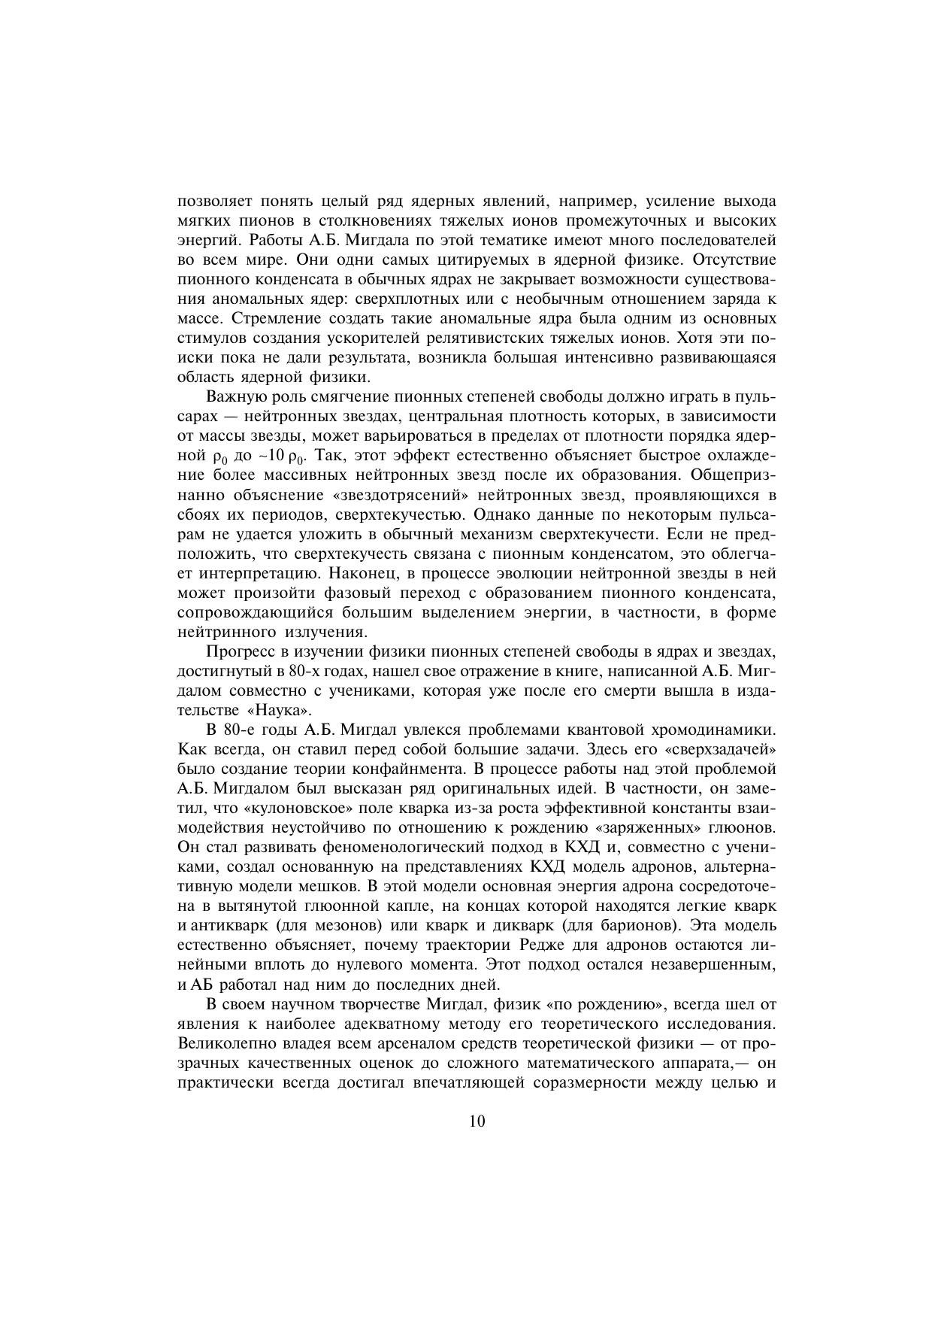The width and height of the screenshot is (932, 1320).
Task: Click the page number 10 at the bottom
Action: (x=477, y=1121)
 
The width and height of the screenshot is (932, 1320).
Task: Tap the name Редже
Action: (x=542, y=945)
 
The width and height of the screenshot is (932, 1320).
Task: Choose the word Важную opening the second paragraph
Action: (x=235, y=397)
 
